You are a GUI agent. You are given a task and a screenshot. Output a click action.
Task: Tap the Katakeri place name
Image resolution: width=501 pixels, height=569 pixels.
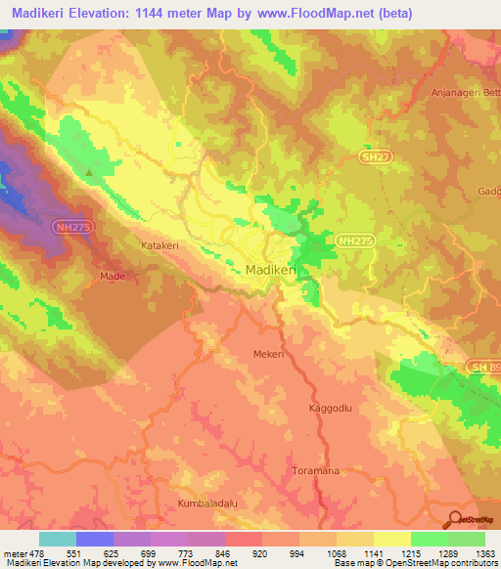click(161, 245)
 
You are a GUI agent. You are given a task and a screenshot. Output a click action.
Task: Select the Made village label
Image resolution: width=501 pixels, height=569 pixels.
click(113, 277)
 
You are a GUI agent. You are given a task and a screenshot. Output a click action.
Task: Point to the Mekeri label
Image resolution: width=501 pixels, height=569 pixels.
click(268, 354)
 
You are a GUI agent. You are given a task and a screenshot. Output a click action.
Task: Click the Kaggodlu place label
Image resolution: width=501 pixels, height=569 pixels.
click(328, 407)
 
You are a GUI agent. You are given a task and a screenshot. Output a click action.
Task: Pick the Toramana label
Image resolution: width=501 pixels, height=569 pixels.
click(315, 471)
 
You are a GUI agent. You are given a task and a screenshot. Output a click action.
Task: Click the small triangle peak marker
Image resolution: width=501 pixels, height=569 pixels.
click(89, 173)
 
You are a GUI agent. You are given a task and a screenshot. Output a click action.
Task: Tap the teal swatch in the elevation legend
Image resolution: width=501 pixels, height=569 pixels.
click(57, 539)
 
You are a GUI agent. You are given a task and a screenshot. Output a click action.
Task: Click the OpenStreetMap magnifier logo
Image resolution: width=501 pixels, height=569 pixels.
click(456, 518)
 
